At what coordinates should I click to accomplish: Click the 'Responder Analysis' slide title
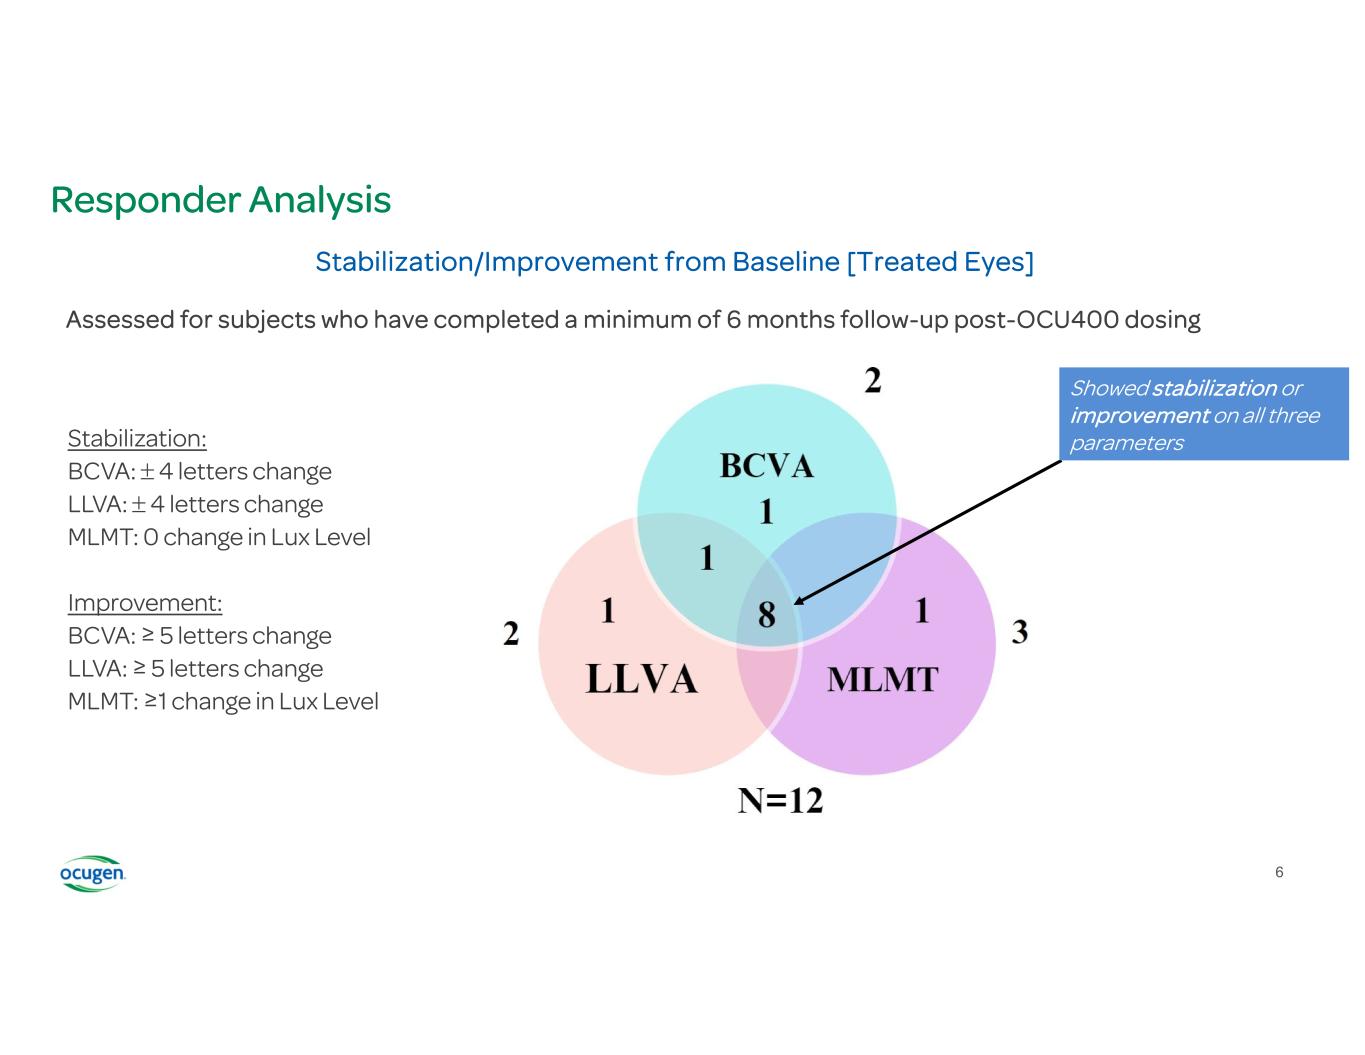coord(220,200)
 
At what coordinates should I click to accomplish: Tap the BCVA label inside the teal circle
coord(766,466)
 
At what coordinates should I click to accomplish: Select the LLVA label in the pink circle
coord(641,679)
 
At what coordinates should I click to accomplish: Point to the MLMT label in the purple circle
coord(882,680)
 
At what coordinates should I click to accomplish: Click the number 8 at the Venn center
coord(766,614)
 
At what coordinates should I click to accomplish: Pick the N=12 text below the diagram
coord(780,800)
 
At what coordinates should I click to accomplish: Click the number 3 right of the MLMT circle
coord(1019,632)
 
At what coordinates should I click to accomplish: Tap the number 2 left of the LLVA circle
coord(511,633)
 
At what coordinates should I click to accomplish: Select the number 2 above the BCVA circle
coord(872,381)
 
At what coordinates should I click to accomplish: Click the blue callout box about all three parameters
coord(1203,415)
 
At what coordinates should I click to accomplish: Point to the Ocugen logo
coord(92,874)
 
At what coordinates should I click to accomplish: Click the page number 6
coord(1279,873)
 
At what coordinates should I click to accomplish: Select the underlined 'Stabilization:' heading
coord(137,439)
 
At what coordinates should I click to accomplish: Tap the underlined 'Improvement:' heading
coord(145,603)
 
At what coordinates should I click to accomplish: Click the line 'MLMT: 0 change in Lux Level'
coord(219,537)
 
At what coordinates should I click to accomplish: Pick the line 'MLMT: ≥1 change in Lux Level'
coord(223,702)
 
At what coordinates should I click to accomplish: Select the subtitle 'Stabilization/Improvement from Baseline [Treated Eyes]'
coord(674,262)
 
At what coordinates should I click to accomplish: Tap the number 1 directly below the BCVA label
coord(766,512)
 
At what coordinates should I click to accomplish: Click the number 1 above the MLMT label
coord(922,610)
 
